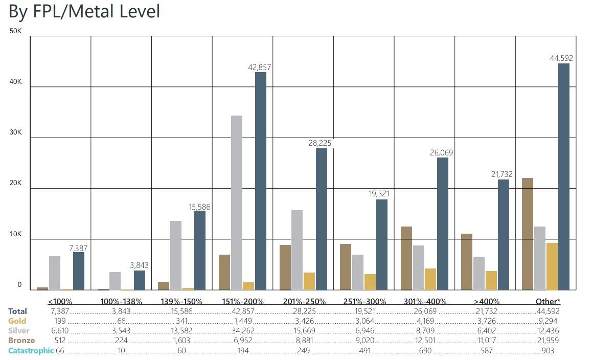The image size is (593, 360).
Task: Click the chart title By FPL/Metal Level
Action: click(x=84, y=11)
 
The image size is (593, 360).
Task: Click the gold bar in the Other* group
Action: click(x=552, y=266)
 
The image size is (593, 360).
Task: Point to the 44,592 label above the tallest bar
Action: click(x=561, y=58)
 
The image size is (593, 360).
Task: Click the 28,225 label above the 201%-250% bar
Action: click(x=320, y=143)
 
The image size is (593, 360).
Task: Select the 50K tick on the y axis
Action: click(x=16, y=31)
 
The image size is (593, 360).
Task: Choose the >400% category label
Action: click(x=487, y=301)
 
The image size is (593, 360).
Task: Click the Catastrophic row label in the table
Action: click(x=31, y=351)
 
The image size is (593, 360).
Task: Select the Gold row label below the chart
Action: click(x=17, y=321)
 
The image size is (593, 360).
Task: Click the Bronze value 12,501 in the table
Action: click(x=425, y=341)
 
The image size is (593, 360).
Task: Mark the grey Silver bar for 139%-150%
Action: click(x=176, y=256)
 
